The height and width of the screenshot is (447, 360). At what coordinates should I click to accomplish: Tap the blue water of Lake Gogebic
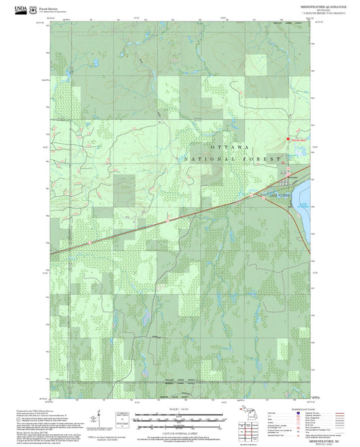pyautogui.click(x=305, y=203)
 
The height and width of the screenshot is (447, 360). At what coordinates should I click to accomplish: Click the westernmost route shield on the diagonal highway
pyautogui.click(x=88, y=242)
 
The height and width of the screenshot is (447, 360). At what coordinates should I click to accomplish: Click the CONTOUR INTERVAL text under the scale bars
pyautogui.click(x=179, y=431)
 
